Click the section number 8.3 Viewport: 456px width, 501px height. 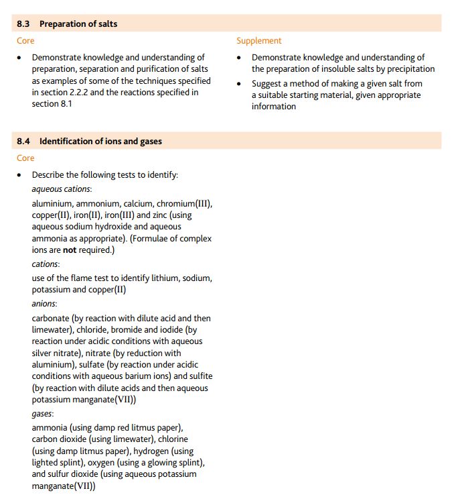[23, 24]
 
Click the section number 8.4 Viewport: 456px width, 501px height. [23, 142]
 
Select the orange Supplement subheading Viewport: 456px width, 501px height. [258, 41]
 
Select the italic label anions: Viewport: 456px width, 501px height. [44, 304]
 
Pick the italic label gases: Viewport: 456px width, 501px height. [42, 414]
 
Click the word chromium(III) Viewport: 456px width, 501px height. [185, 203]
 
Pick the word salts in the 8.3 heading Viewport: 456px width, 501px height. [106, 24]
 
